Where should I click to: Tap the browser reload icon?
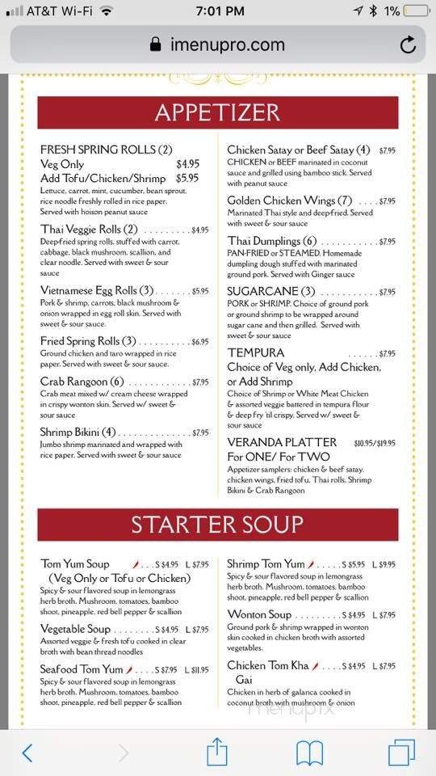(x=409, y=44)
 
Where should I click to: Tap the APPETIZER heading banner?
(x=218, y=112)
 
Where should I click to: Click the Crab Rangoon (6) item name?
(x=82, y=382)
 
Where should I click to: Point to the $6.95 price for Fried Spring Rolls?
(x=200, y=342)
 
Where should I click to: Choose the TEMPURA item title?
(x=255, y=353)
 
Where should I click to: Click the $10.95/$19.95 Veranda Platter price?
(x=375, y=443)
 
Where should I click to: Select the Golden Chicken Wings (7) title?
(x=290, y=200)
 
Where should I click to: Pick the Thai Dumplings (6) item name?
(x=272, y=242)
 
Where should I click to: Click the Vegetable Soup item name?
(x=75, y=629)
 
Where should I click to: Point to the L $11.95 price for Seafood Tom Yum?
(x=196, y=670)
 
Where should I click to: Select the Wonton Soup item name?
(x=259, y=615)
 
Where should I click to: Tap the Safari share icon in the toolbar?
(x=217, y=753)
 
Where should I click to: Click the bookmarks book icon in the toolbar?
(x=309, y=753)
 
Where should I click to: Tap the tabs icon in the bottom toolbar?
(x=401, y=753)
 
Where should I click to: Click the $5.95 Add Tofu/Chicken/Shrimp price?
(x=187, y=178)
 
